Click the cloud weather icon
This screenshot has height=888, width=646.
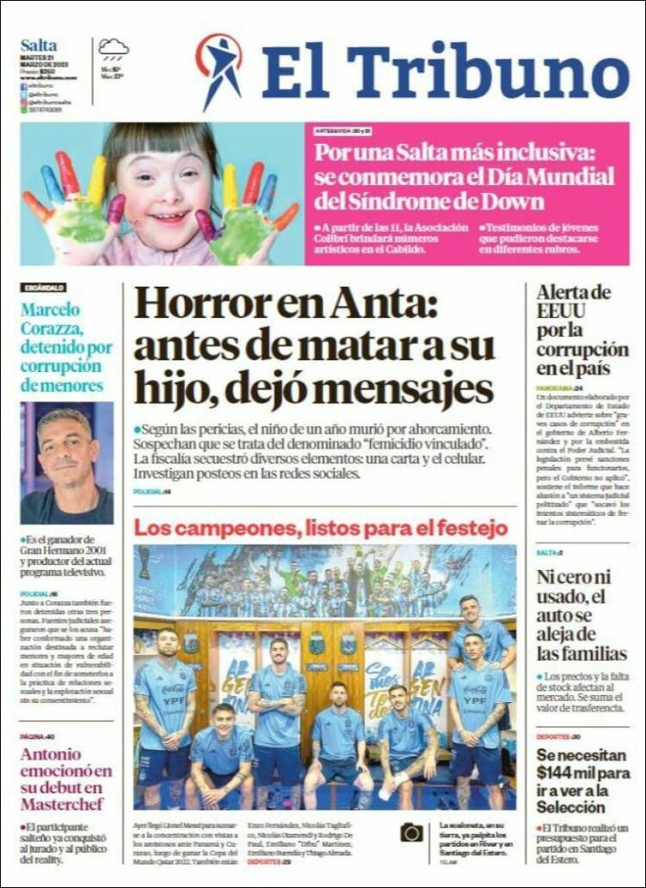(x=113, y=47)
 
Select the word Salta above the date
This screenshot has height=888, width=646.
(x=39, y=45)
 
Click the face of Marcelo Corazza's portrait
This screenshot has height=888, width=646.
(x=65, y=454)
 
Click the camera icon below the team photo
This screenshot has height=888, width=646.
(x=412, y=832)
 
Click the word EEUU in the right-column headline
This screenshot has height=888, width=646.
(x=561, y=311)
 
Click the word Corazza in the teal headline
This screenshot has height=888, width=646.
(x=51, y=329)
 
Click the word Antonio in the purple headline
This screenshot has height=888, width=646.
(x=54, y=754)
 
